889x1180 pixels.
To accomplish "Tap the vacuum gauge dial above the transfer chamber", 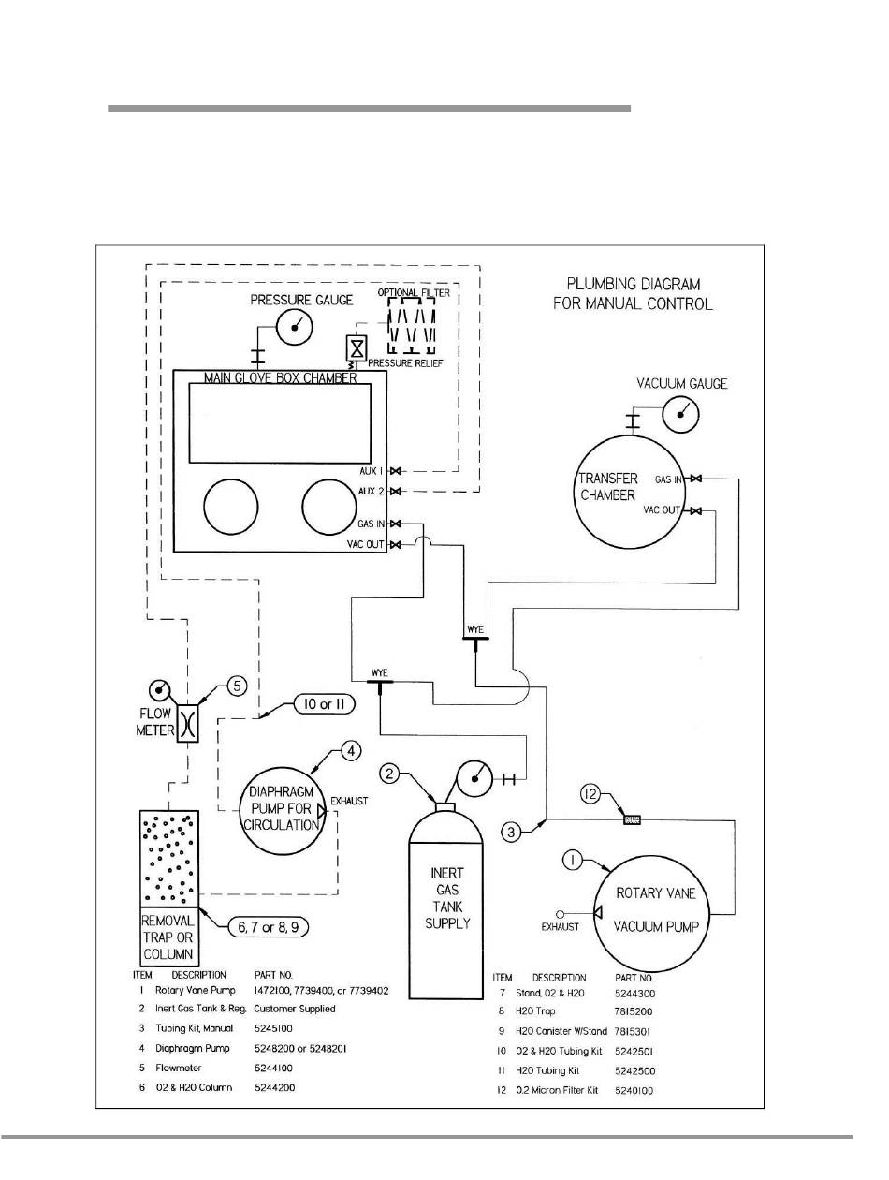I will [680, 409].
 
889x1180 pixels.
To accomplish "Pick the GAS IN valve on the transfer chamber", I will [693, 479].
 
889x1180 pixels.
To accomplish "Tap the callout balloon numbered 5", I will [238, 686].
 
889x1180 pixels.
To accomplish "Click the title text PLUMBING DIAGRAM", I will [633, 284].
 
